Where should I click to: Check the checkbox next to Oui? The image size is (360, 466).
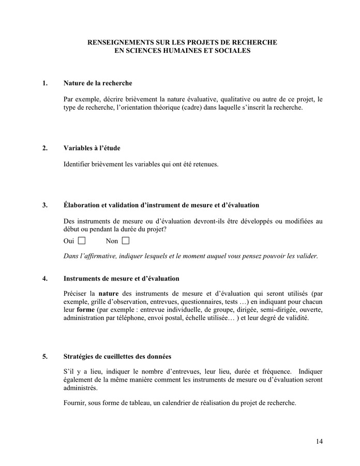click(x=81, y=241)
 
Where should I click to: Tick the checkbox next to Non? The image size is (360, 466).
click(x=126, y=241)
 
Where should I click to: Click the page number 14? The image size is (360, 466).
click(x=319, y=441)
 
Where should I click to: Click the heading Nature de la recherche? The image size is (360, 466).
click(x=98, y=83)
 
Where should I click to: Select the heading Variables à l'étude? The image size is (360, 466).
click(x=92, y=148)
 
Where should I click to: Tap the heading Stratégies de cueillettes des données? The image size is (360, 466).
click(x=117, y=356)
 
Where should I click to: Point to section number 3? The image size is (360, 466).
click(x=45, y=205)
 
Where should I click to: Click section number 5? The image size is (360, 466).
click(x=45, y=356)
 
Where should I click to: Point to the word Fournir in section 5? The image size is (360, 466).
click(x=74, y=402)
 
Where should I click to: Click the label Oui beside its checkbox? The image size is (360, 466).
click(x=69, y=241)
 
